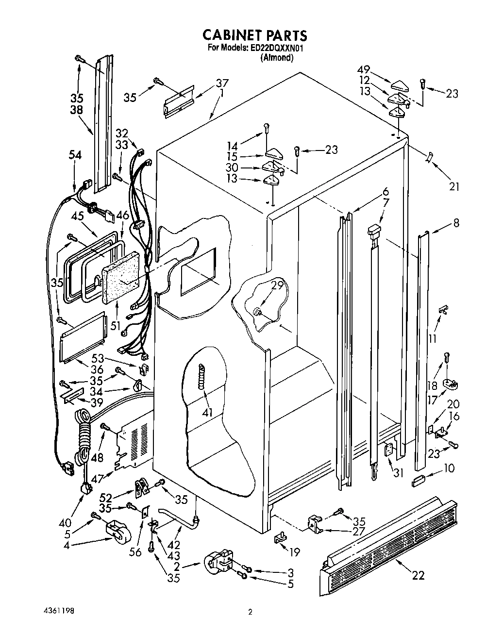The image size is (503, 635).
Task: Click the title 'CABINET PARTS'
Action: pyautogui.click(x=254, y=35)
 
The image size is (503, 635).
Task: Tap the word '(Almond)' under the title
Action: pyautogui.click(x=277, y=57)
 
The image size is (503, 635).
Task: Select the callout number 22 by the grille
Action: pyautogui.click(x=418, y=576)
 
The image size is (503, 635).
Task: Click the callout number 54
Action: pyautogui.click(x=75, y=155)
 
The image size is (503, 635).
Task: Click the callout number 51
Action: pyautogui.click(x=115, y=325)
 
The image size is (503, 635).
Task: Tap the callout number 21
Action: pyautogui.click(x=454, y=186)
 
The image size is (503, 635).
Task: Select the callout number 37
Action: pyautogui.click(x=222, y=83)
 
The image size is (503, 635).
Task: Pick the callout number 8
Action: pyautogui.click(x=456, y=223)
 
